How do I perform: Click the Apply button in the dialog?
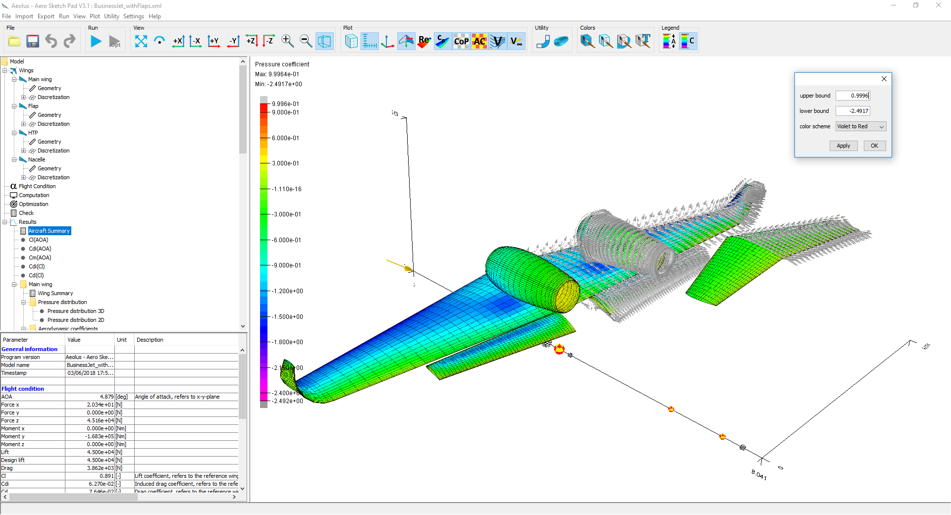[843, 146]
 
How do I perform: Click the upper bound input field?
[852, 96]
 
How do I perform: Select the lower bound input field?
[852, 111]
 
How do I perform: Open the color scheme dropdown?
[861, 126]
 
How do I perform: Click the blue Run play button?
[96, 42]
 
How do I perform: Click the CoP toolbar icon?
[461, 42]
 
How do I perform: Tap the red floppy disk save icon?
[33, 42]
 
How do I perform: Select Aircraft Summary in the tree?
[49, 231]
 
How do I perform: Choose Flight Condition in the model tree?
[37, 186]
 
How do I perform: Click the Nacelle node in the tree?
[37, 159]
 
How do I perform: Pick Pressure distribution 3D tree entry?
[76, 311]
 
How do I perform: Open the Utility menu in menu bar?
[111, 16]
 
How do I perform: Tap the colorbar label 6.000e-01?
[285, 138]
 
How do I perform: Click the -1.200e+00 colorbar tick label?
[287, 291]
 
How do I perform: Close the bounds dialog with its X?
[884, 79]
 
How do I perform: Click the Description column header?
[150, 340]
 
